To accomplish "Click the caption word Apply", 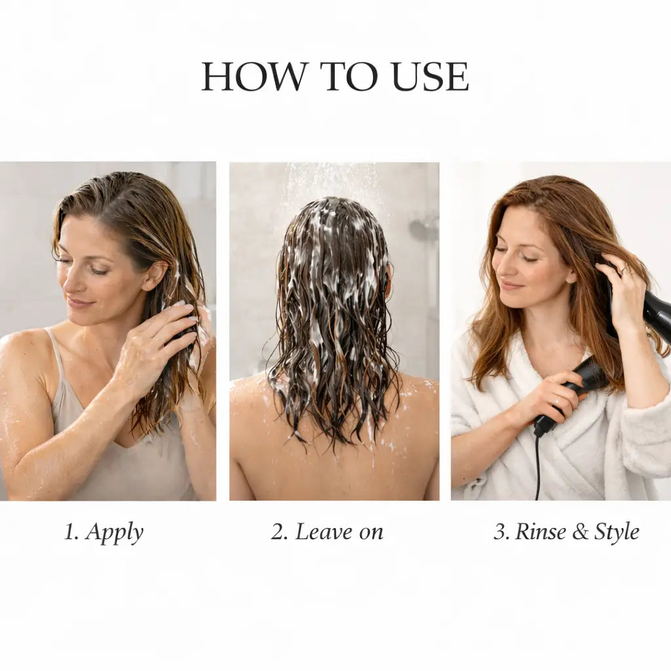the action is click(x=114, y=533).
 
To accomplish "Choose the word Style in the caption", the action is click(x=617, y=533).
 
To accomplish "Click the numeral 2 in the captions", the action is click(x=278, y=531).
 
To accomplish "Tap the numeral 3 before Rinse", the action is click(x=500, y=531).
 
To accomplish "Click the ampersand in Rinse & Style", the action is click(x=581, y=531).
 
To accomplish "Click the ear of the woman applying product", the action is click(x=154, y=276).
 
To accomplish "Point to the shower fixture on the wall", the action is click(x=421, y=229).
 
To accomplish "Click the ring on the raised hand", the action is click(x=624, y=269).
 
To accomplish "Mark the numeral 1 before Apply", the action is click(x=69, y=531).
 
